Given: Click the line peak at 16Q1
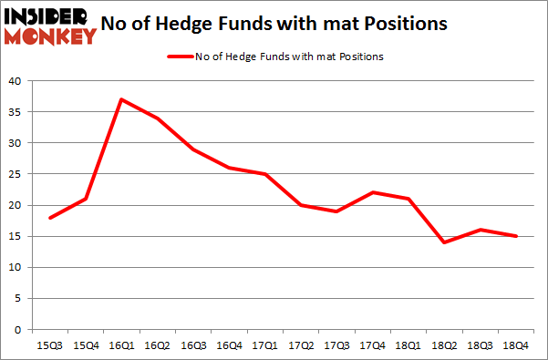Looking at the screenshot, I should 120,99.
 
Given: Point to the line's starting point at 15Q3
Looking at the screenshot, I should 49,218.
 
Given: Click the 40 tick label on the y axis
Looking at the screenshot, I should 15,81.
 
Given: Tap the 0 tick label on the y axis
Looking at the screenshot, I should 18,329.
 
